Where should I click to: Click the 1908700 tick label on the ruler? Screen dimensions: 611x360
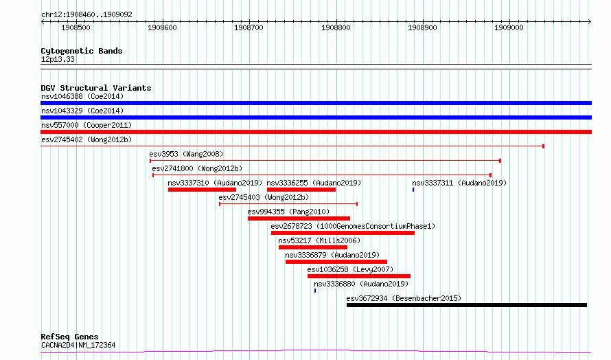(249, 27)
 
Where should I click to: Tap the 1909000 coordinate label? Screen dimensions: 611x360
(509, 27)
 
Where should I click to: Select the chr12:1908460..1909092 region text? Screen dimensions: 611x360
(87, 14)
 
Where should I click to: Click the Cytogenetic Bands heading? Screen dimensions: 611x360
(82, 51)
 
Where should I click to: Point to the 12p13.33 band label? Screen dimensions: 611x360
(58, 59)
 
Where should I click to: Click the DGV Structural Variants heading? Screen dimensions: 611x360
(96, 88)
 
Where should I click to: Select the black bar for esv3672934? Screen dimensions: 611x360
(467, 305)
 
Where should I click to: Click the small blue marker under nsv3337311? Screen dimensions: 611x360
(413, 190)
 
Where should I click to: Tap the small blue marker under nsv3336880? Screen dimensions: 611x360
(315, 291)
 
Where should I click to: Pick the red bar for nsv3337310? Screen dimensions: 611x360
(203, 190)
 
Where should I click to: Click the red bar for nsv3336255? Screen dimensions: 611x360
(301, 190)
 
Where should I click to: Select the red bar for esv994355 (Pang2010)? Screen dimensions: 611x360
(299, 218)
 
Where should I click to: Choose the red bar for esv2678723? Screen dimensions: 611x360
(343, 233)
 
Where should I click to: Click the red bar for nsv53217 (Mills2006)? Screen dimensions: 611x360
(313, 247)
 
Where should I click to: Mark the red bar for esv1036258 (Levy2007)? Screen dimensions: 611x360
(359, 276)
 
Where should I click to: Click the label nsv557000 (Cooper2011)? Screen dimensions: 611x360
(87, 125)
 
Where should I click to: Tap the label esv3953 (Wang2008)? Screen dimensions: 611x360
(186, 154)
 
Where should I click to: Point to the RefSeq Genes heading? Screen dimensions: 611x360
(69, 337)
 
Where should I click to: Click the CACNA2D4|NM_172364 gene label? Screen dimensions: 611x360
(78, 345)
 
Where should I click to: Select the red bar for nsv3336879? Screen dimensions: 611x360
(336, 262)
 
